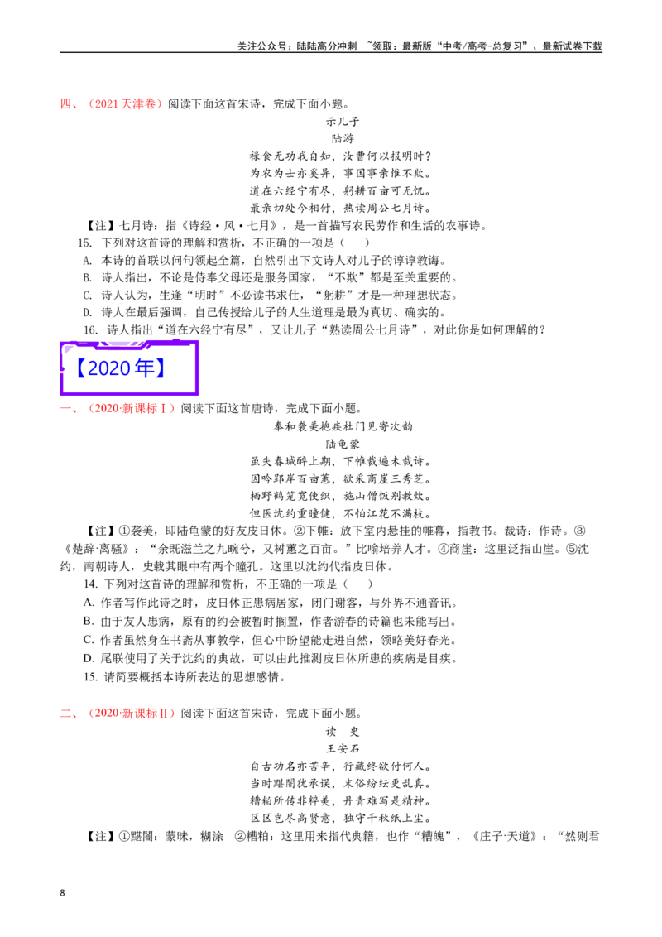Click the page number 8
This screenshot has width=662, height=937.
62,893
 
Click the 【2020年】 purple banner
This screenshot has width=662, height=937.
128,368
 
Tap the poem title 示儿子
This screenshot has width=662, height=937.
343,122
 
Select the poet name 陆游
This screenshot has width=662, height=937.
343,138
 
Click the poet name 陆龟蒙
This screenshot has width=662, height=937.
343,444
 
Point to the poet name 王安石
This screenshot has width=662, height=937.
343,749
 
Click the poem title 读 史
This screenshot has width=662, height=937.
343,732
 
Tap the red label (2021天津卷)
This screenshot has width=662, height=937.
124,104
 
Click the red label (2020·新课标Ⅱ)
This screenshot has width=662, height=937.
131,714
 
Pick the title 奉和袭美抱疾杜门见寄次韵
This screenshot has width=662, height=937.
343,426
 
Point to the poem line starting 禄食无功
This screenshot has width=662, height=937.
341,156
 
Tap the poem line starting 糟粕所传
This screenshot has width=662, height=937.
341,800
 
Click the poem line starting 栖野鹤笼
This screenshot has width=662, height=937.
341,496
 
